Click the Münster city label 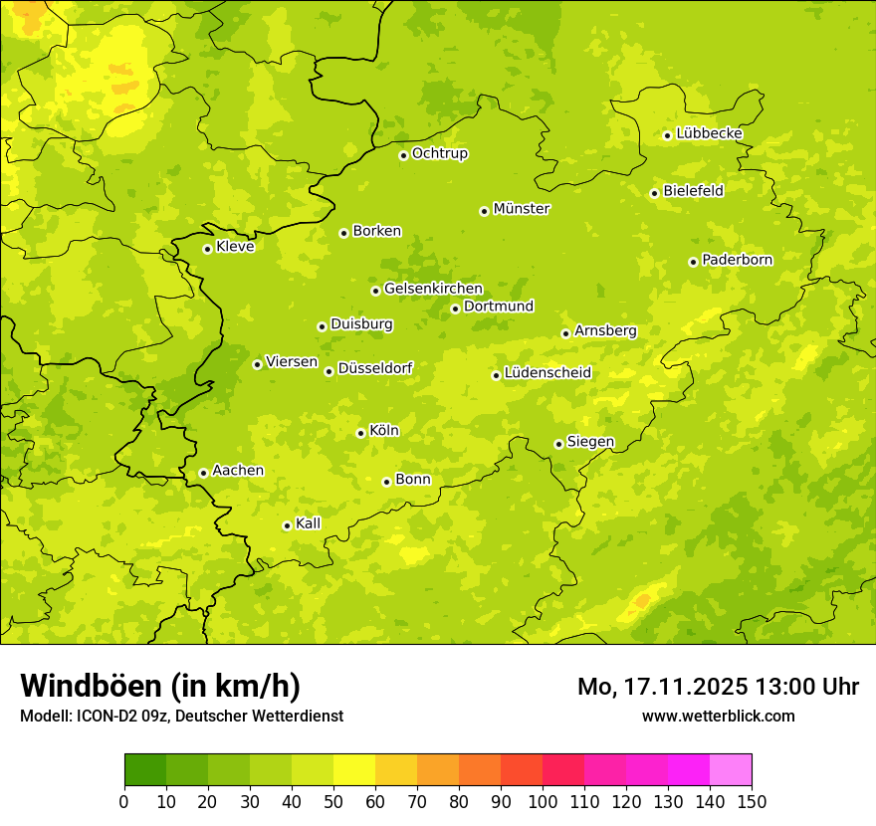coord(522,209)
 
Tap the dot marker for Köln coord(360,433)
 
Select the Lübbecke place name coord(709,133)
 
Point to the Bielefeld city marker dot coord(654,193)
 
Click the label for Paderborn coord(737,260)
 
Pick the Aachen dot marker coord(203,473)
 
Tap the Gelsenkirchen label coord(433,289)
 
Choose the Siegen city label coord(590,442)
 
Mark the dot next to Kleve coord(207,249)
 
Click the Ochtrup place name coord(439,153)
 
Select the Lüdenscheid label coord(547,373)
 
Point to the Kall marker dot coord(287,525)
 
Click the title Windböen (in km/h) coord(160,686)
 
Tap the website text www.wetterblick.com coord(718,716)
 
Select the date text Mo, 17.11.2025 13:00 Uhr coord(718,687)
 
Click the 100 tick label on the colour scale coord(543,801)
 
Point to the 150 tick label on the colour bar coord(752,801)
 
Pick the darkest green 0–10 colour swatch coord(145,770)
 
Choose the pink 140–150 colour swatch coord(731,770)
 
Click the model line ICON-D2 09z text coord(181,716)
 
